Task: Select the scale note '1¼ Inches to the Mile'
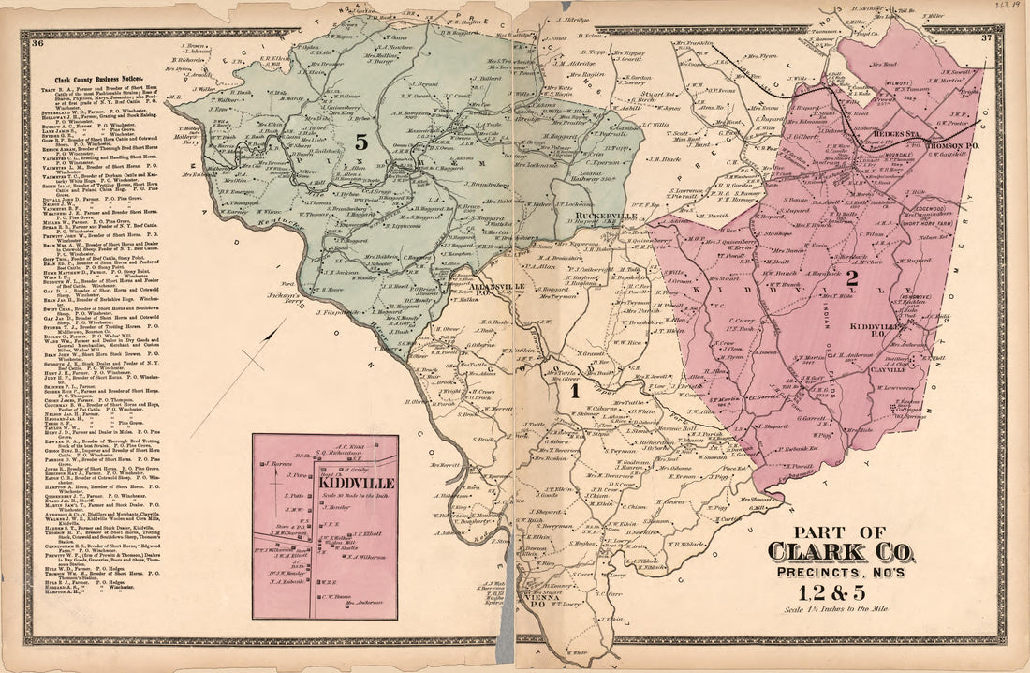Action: click(x=839, y=610)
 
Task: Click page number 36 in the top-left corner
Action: click(x=37, y=43)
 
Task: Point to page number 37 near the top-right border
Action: click(x=986, y=38)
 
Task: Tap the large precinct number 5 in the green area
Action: click(x=360, y=142)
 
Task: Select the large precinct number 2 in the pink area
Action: click(x=851, y=277)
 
